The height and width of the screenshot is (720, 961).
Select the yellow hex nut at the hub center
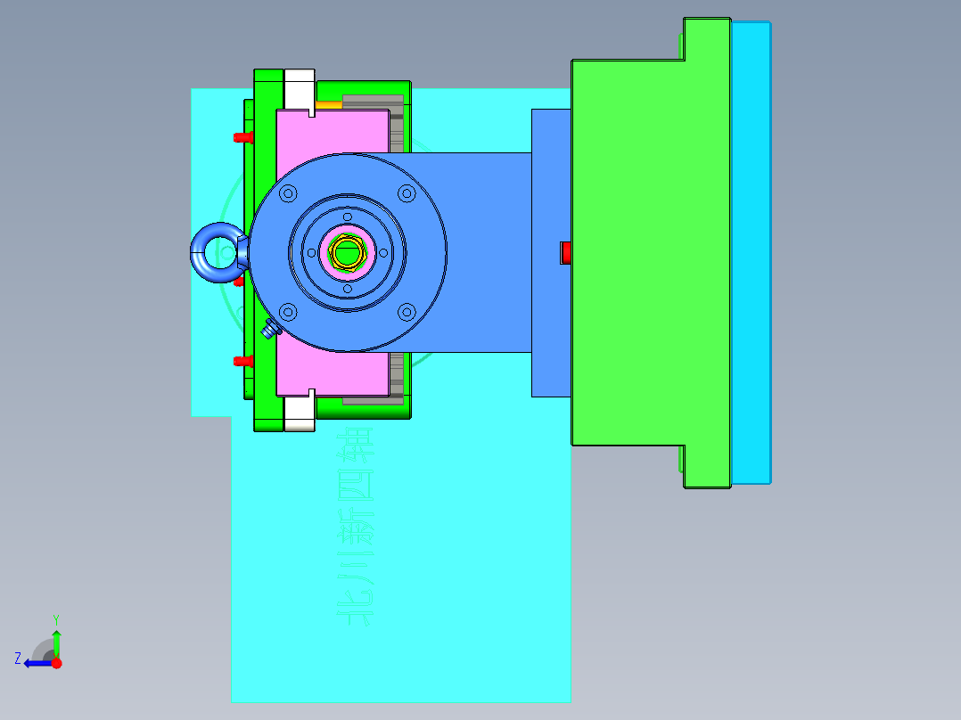346,252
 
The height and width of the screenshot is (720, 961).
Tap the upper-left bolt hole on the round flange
288,192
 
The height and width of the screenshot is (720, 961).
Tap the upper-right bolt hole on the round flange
407,192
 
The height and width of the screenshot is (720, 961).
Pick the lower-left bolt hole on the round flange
288,312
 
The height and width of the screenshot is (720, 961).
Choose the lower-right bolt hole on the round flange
407,312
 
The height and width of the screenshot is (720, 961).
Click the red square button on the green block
565,253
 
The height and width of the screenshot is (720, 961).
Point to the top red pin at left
241,137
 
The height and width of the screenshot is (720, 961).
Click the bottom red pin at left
241,361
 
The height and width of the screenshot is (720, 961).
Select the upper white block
300,87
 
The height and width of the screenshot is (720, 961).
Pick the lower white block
300,413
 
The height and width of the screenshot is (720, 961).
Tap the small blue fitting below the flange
270,330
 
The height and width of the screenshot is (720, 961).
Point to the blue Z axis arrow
36,663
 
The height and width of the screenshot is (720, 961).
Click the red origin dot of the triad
57,663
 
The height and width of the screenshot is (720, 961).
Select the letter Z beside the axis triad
18,659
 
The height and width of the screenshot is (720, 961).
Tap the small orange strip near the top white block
328,104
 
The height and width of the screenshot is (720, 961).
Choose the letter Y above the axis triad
55,619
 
